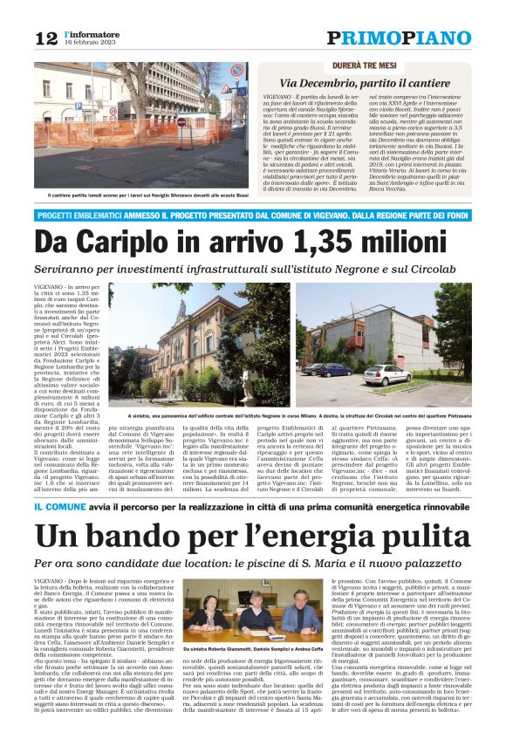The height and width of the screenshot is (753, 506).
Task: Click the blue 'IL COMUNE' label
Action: click(x=57, y=506)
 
